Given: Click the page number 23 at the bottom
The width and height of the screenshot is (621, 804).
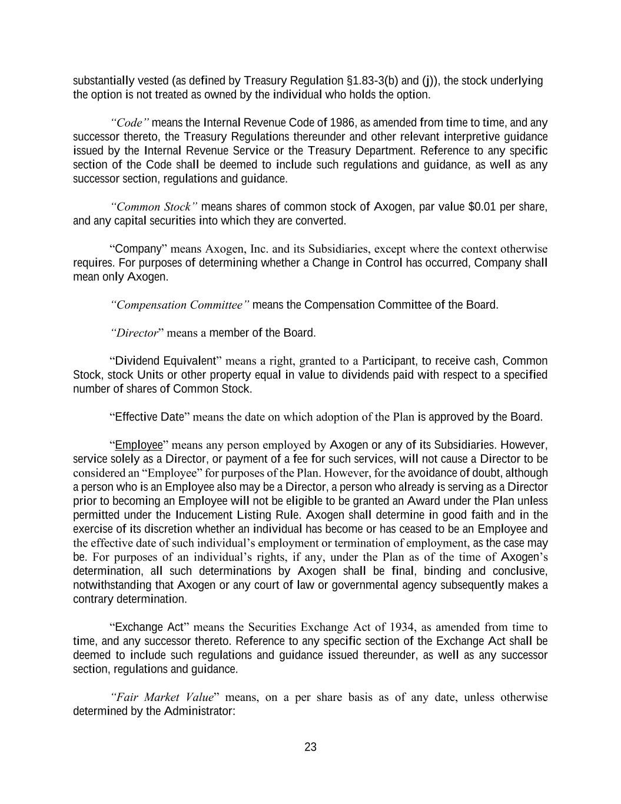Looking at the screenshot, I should coord(310,747).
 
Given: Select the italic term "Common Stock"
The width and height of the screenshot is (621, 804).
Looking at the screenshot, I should coord(154,207).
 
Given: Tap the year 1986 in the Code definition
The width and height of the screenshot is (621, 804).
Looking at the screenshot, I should coord(342,123).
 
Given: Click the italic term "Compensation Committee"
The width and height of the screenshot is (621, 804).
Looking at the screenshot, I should coord(180,305).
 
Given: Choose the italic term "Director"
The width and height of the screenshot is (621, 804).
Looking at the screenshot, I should coord(137,333).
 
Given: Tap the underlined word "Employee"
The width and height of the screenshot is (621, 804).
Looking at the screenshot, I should coord(138,445).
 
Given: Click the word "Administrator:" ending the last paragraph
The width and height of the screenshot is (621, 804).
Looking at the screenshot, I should coord(200,712).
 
